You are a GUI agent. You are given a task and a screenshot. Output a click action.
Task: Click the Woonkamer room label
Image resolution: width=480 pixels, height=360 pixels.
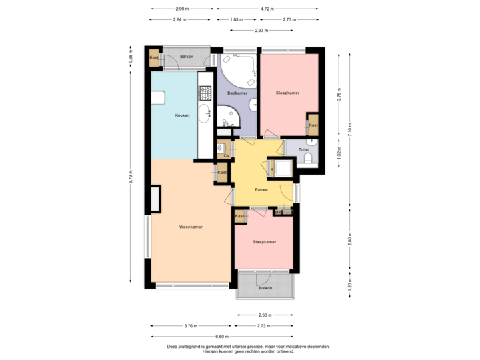pyautogui.click(x=191, y=227)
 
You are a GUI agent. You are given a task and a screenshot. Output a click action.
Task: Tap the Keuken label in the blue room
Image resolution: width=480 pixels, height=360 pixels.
pyautogui.click(x=183, y=115)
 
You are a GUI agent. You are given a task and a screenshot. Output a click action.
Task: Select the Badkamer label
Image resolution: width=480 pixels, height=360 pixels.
pyautogui.click(x=237, y=93)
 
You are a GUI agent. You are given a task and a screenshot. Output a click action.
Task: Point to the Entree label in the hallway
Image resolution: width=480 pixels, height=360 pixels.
pyautogui.click(x=261, y=190)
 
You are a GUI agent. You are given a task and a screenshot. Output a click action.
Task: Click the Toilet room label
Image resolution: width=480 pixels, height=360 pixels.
pyautogui.click(x=304, y=150)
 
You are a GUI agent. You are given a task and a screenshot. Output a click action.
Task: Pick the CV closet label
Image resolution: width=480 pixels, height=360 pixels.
pyautogui.click(x=227, y=155)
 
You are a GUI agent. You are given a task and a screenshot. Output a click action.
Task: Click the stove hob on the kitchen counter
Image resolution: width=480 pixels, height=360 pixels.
pyautogui.click(x=203, y=89)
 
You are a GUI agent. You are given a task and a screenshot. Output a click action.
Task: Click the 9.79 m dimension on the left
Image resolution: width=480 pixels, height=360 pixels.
pyautogui.click(x=131, y=176)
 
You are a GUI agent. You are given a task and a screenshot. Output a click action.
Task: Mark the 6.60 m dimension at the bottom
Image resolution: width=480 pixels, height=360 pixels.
pyautogui.click(x=222, y=337)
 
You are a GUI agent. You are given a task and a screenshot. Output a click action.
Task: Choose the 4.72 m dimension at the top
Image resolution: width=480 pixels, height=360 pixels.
pyautogui.click(x=267, y=9)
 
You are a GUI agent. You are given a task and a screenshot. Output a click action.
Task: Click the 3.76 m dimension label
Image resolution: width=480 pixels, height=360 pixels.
pyautogui.click(x=190, y=326)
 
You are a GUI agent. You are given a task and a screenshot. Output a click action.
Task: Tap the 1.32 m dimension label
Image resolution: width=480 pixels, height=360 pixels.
pyautogui.click(x=339, y=153)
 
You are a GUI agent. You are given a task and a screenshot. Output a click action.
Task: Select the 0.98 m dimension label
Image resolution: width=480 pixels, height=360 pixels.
pyautogui.click(x=131, y=59)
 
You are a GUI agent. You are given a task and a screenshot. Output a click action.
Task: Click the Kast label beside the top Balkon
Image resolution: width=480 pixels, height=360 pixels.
pyautogui.click(x=154, y=58)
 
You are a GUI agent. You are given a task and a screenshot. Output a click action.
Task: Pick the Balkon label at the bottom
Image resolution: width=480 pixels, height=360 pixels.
pyautogui.click(x=265, y=288)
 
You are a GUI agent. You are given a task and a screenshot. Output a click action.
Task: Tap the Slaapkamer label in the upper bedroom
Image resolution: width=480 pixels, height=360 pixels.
pyautogui.click(x=287, y=93)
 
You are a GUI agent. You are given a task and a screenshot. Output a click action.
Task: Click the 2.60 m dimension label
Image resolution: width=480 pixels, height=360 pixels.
pyautogui.click(x=265, y=315)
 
